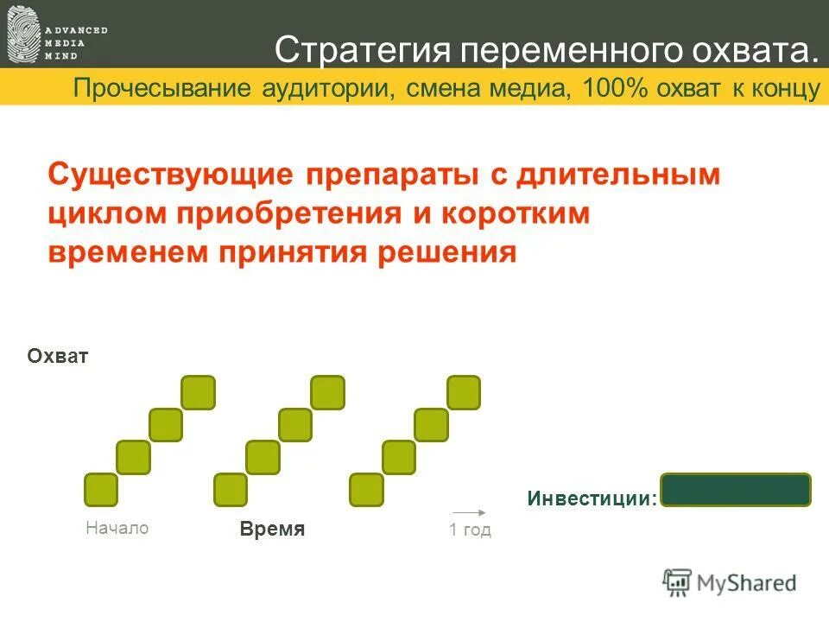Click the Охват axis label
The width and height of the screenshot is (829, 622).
(58, 357)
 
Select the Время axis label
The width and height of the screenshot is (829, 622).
(273, 530)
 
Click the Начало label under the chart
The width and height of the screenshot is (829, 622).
(117, 528)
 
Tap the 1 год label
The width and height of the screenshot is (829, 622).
(470, 530)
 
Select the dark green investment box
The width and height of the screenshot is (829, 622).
(736, 490)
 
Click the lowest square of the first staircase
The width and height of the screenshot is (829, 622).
(101, 490)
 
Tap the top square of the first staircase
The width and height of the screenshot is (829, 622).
(199, 392)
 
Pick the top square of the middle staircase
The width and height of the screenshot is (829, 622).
(328, 392)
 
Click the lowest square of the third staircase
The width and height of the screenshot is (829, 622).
(366, 490)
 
